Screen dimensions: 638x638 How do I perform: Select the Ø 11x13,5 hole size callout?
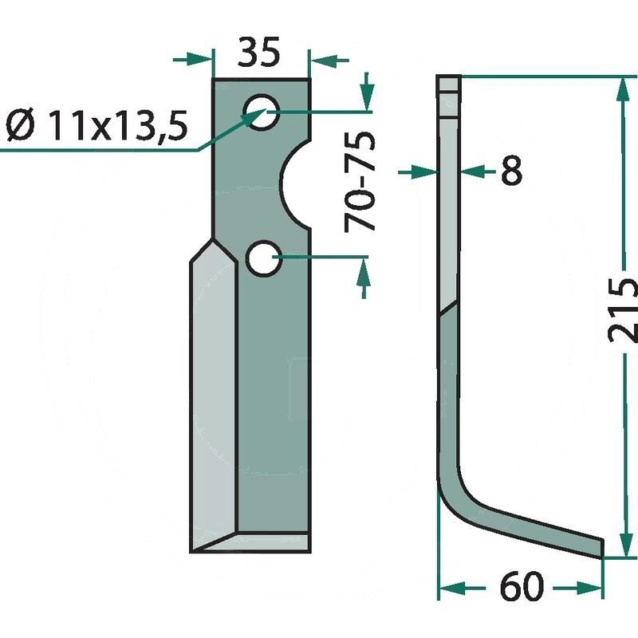pyautogui.click(x=96, y=125)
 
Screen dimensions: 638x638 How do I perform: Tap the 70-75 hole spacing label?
pyautogui.click(x=360, y=183)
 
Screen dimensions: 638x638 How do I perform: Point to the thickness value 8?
pyautogui.click(x=510, y=171)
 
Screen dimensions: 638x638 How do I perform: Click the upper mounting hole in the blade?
pyautogui.click(x=262, y=112)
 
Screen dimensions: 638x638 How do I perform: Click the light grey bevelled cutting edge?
pyautogui.click(x=213, y=399)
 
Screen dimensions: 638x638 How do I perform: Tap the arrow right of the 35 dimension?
pyautogui.click(x=327, y=58)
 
